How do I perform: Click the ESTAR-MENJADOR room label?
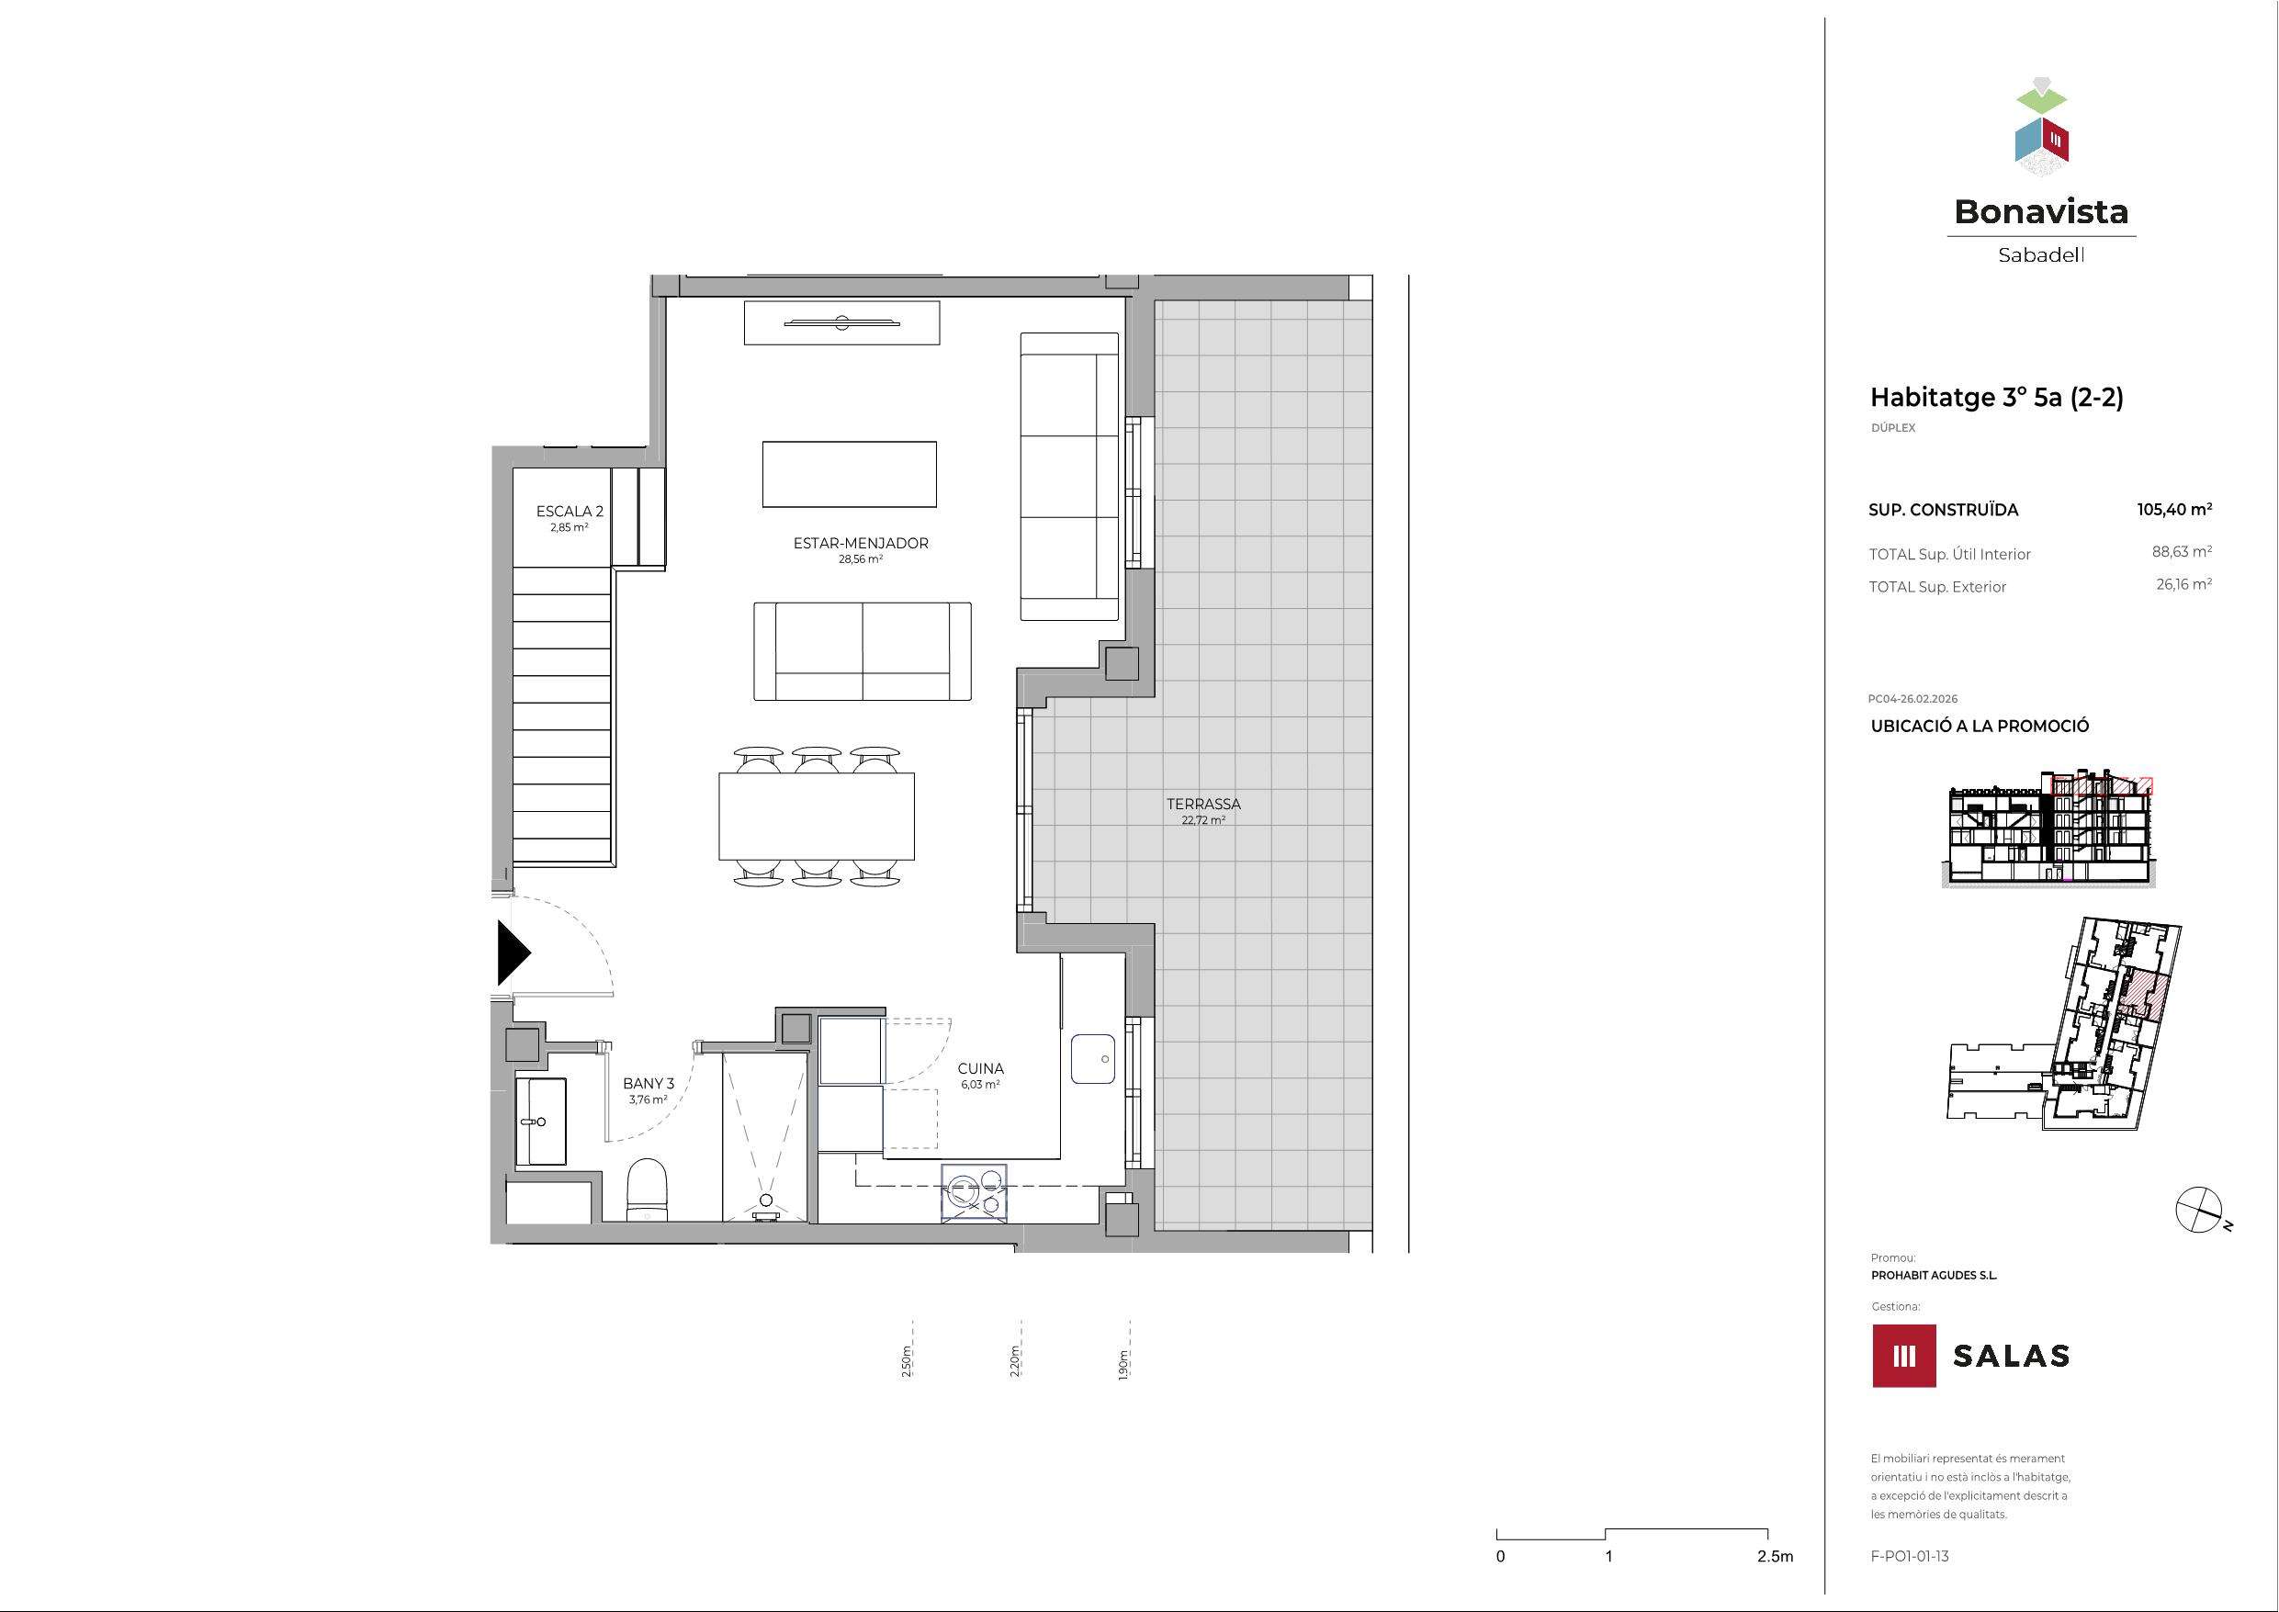click(x=861, y=543)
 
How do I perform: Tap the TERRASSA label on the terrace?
click(x=1203, y=804)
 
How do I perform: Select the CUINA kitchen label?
click(x=981, y=1068)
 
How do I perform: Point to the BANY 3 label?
click(x=649, y=1083)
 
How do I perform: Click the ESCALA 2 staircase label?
click(x=570, y=512)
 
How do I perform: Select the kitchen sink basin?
click(x=1095, y=1059)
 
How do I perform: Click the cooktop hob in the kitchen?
click(x=974, y=1192)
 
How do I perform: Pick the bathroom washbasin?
click(x=540, y=1122)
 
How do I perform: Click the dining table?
click(x=816, y=816)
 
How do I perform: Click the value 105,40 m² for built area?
click(x=2173, y=509)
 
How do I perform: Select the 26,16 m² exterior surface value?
click(x=2183, y=585)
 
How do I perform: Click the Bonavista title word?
click(x=2041, y=211)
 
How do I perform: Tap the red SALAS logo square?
click(x=1904, y=1355)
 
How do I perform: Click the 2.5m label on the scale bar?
click(x=1775, y=1556)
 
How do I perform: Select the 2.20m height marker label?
click(x=1015, y=1361)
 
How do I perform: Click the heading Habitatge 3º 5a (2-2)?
click(x=1996, y=398)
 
